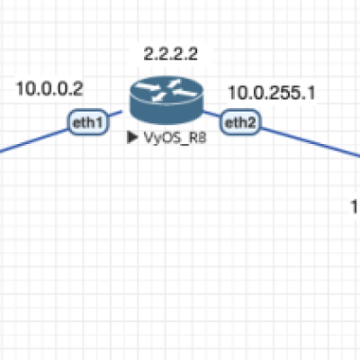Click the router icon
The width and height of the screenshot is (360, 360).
pyautogui.click(x=166, y=100)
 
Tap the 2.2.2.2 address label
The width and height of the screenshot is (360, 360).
pyautogui.click(x=171, y=54)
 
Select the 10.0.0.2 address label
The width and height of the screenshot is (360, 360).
pyautogui.click(x=49, y=89)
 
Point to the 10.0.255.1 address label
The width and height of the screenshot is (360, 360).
pyautogui.click(x=272, y=93)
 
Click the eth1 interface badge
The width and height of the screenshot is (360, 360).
pyautogui.click(x=88, y=122)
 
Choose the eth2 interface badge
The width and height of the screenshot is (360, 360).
pyautogui.click(x=240, y=122)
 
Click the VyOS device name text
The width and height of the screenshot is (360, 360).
pyautogui.click(x=175, y=138)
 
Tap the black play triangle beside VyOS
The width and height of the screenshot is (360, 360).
pyautogui.click(x=132, y=138)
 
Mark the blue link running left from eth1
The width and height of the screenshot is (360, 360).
pyautogui.click(x=34, y=141)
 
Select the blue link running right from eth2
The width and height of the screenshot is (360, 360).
pyautogui.click(x=310, y=142)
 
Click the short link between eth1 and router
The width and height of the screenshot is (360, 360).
pyautogui.click(x=114, y=113)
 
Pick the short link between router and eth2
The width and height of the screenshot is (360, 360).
pyautogui.click(x=212, y=114)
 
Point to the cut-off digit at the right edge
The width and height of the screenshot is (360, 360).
pyautogui.click(x=355, y=207)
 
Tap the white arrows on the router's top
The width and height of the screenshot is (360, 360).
pyautogui.click(x=166, y=89)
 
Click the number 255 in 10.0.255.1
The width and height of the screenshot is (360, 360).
pyautogui.click(x=283, y=93)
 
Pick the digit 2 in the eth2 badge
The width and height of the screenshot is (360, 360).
pyautogui.click(x=251, y=122)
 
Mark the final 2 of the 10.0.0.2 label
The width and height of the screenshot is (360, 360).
pyautogui.click(x=77, y=89)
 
